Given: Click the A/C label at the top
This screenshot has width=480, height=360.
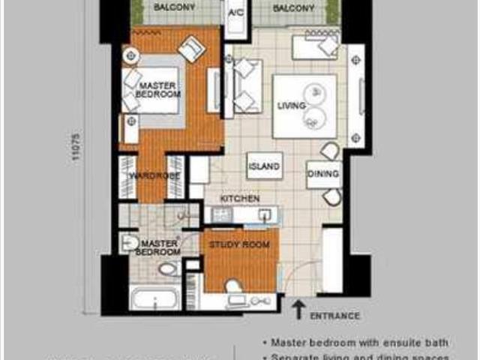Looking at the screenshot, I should pyautogui.click(x=234, y=13).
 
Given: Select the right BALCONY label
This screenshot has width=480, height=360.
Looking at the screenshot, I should pyautogui.click(x=293, y=8).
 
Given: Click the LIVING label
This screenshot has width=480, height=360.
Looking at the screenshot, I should pyautogui.click(x=289, y=106).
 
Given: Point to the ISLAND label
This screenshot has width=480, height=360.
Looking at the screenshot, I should pyautogui.click(x=264, y=166).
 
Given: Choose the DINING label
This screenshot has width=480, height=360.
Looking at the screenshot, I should pyautogui.click(x=323, y=174).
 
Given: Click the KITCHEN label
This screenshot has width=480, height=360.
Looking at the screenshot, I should pyautogui.click(x=239, y=199).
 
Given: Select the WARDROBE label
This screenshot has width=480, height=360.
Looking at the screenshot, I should pyautogui.click(x=151, y=176).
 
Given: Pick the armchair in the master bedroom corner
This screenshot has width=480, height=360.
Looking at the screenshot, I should pyautogui.click(x=193, y=48).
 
